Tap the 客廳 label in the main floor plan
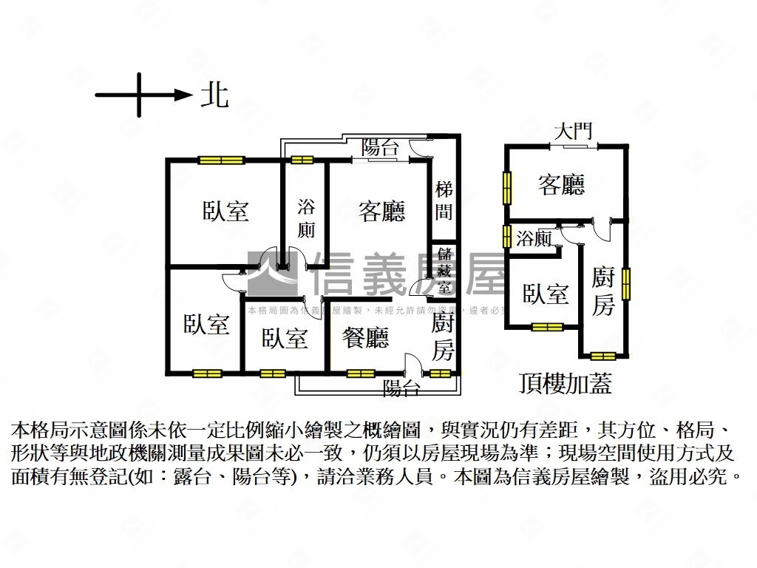pos(381,212)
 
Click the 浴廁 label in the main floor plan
pos(306,217)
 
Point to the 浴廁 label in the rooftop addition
pos(533,238)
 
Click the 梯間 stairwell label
pos(444,200)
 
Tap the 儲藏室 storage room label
pos(444,271)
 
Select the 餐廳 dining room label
pos(365,339)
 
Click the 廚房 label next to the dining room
pos(443,337)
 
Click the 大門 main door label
pos(573,132)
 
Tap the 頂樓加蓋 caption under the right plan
pos(566,384)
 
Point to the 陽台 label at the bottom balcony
pos(401,387)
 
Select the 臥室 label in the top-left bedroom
pos(225,212)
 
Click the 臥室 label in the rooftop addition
pos(546,294)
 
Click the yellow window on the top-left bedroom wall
pos(221,160)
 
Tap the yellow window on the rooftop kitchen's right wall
pos(626,285)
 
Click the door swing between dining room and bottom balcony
pos(415,365)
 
